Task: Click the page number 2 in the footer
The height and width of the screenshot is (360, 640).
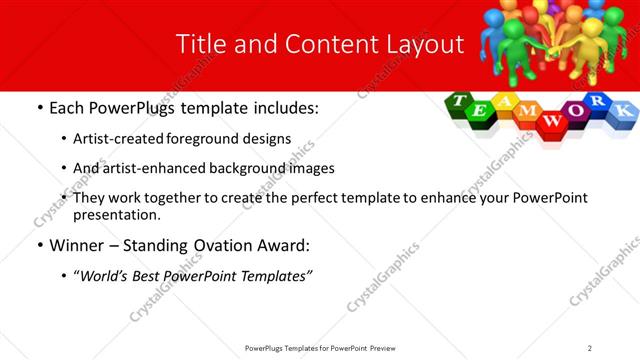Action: coord(590,347)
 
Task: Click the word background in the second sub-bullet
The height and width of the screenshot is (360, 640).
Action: coord(219,168)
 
